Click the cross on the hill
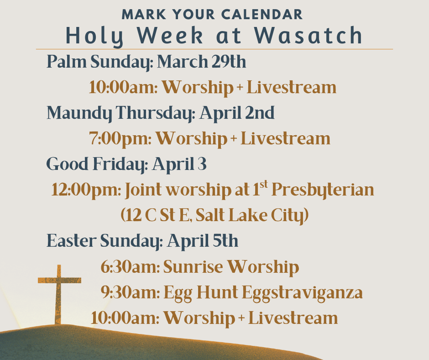coord(58,292)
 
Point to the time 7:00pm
coord(120,138)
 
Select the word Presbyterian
coord(323,190)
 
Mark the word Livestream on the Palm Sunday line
coord(292,87)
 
